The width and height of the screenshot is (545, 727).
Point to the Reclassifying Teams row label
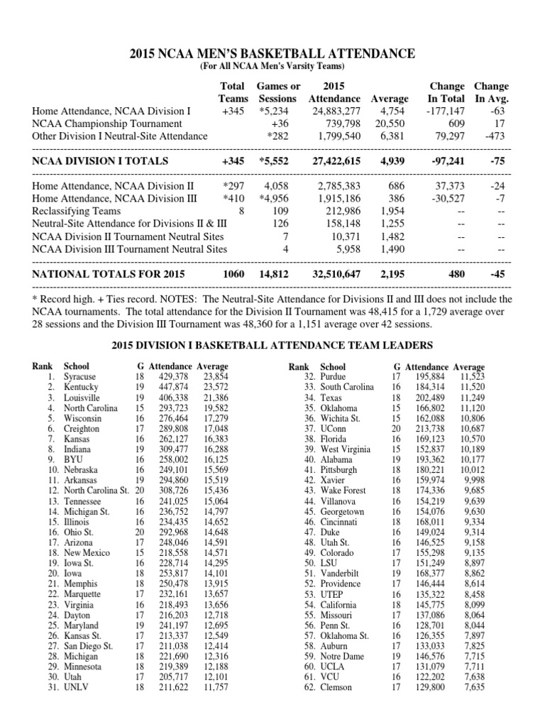coord(77,211)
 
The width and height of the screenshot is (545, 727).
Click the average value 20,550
coord(390,124)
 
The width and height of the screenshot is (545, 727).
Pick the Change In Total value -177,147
coord(445,111)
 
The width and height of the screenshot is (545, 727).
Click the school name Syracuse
coord(79,376)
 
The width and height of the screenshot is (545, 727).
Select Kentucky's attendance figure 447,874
coord(173,387)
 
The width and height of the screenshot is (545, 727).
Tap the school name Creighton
coord(82,429)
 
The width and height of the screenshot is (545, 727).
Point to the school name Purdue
coord(334,376)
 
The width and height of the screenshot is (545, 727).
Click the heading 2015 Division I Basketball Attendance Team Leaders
coord(272,345)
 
